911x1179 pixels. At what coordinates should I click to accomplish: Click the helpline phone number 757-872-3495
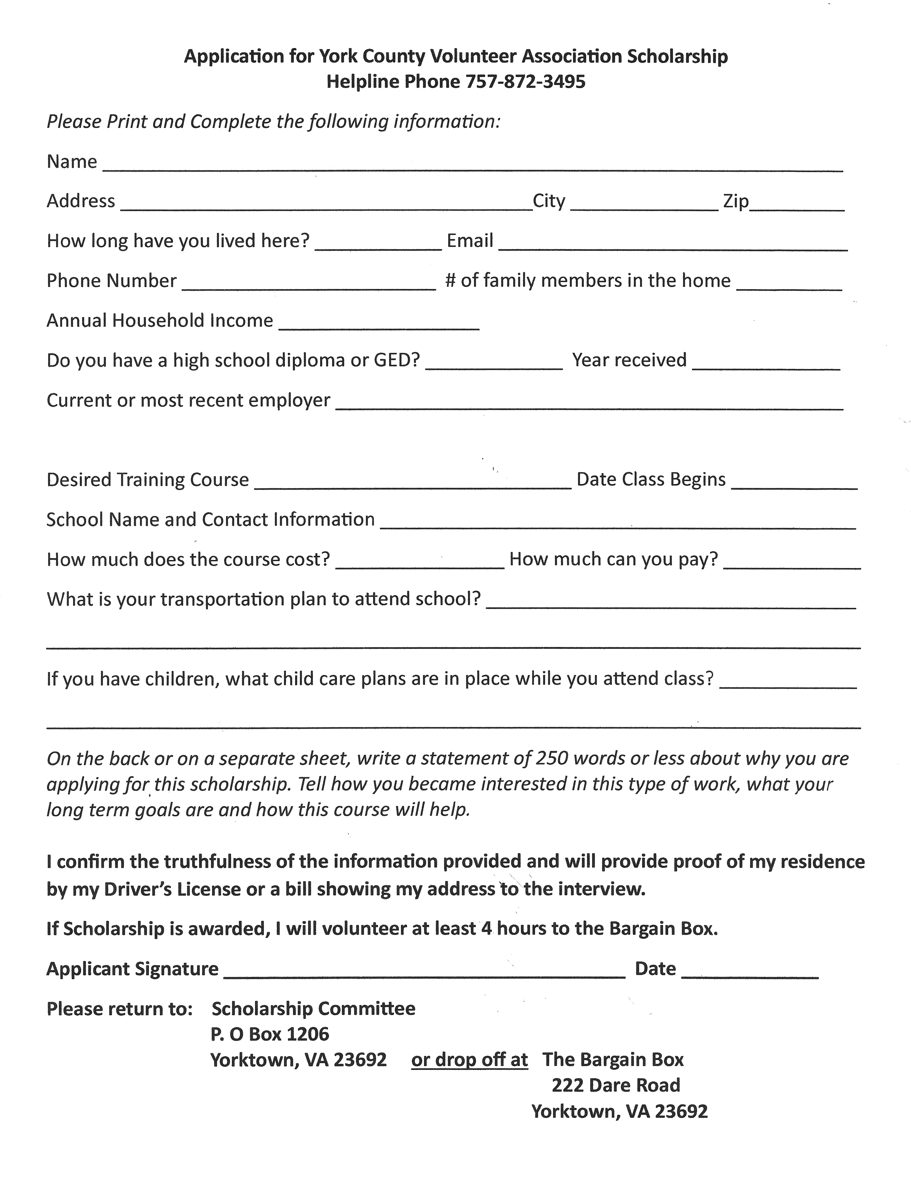coord(525,82)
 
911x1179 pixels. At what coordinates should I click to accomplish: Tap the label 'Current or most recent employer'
coord(188,400)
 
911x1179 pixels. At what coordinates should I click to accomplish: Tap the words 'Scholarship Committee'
coord(313,1008)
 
